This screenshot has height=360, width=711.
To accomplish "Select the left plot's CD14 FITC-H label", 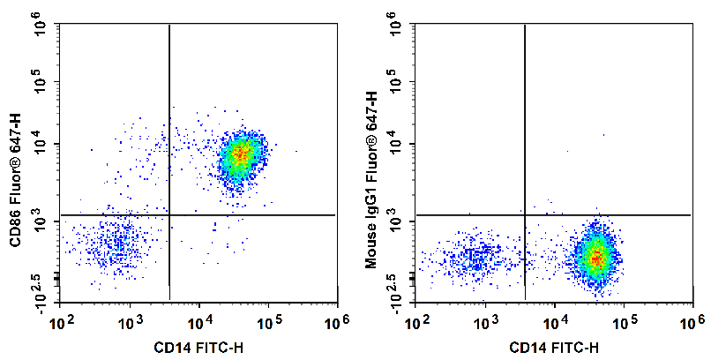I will coord(199,347).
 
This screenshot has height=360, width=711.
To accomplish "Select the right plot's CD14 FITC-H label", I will coord(556,347).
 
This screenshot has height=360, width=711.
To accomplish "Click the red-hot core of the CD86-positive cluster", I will coord(240,155).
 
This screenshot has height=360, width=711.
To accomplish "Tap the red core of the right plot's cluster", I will coord(597,258).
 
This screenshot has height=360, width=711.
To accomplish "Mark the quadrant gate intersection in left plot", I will coord(168,214).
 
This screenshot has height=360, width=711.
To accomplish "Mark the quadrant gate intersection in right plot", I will coord(525,214).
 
